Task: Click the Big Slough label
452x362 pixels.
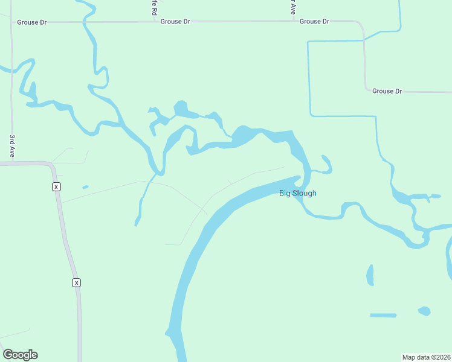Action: [297, 193]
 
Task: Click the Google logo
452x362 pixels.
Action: [20, 355]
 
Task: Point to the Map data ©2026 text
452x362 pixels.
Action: [427, 357]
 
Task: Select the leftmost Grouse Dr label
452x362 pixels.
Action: [31, 22]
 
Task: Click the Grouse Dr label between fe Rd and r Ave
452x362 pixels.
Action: [175, 21]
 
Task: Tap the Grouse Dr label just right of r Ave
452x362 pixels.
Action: [314, 21]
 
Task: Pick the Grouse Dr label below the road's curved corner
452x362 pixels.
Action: [387, 91]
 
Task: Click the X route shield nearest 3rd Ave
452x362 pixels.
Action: [56, 186]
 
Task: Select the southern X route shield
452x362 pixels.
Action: [76, 282]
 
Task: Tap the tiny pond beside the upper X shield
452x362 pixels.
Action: [85, 186]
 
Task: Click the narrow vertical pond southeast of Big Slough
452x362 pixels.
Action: [370, 275]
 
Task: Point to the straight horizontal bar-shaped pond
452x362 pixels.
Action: [383, 315]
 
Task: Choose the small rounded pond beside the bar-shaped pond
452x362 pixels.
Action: [424, 311]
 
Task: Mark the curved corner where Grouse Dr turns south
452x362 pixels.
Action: [360, 25]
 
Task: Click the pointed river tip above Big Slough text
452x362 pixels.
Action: [299, 177]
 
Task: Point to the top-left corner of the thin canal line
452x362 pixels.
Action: [308, 42]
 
